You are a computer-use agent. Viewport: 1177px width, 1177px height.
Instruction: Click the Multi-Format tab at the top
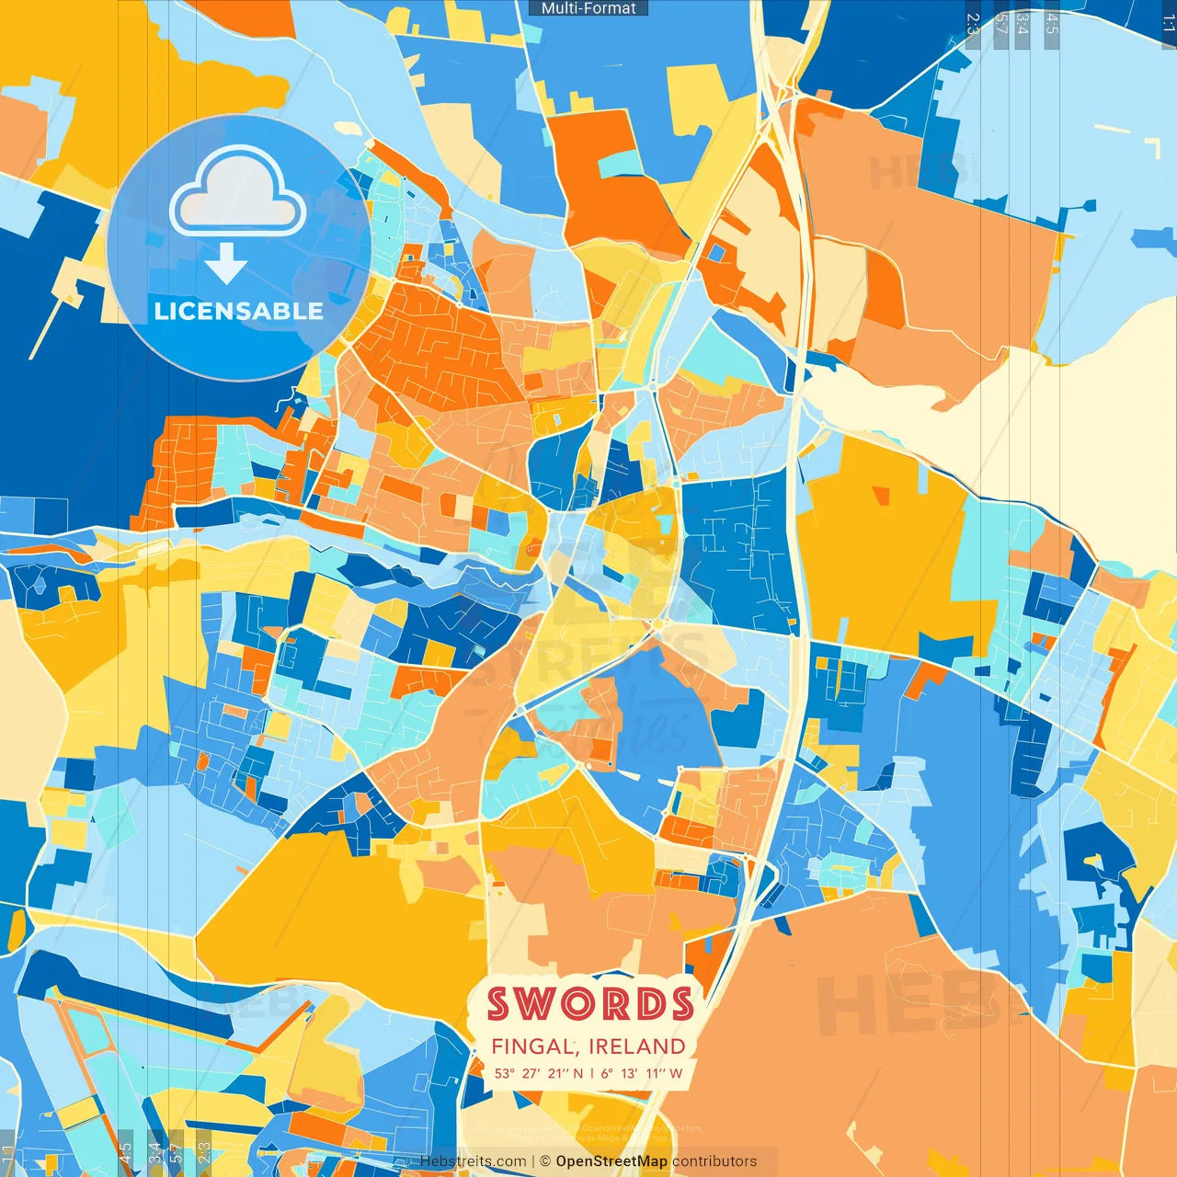coord(588,8)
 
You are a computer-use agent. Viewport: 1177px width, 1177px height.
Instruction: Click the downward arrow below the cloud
coord(226,263)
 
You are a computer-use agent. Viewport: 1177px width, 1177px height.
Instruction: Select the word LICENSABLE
coord(239,311)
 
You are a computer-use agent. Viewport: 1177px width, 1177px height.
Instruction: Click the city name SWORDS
coord(590,1004)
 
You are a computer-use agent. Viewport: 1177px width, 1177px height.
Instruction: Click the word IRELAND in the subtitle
coord(637,1046)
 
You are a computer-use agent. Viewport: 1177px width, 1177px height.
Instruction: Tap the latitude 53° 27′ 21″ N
coord(538,1073)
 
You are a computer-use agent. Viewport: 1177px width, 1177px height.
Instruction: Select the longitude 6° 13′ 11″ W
coord(642,1073)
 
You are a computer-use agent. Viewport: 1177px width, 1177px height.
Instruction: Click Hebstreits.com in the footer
coord(474,1161)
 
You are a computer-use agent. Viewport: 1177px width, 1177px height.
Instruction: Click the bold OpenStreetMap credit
coord(611,1161)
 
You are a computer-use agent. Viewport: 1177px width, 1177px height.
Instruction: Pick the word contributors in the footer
coord(714,1161)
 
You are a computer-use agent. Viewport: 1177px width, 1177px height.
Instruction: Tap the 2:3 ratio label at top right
coord(973,24)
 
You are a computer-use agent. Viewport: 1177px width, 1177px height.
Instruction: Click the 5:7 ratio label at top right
coord(1001,24)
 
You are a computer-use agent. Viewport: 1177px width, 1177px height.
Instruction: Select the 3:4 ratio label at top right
coord(1022,24)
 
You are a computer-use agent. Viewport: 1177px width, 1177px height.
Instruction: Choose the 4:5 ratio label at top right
coord(1052,24)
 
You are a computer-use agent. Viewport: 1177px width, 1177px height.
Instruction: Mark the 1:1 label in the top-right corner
coord(1168,24)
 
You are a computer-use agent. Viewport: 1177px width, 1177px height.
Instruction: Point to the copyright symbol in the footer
coord(545,1161)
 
